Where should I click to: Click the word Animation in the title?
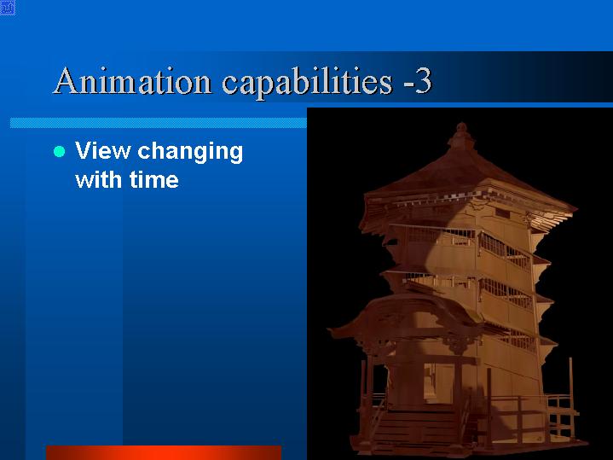132,80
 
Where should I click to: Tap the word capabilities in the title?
307,83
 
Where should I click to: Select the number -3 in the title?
418,81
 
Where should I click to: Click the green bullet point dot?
59,152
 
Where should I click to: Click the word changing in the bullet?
190,153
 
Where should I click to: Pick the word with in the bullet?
99,179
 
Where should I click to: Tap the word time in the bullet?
154,179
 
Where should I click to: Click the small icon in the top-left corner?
8,8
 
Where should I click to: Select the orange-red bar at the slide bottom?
164,452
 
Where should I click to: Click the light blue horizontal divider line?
159,123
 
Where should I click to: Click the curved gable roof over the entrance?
407,313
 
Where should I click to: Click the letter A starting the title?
66,80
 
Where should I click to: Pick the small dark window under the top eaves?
502,213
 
